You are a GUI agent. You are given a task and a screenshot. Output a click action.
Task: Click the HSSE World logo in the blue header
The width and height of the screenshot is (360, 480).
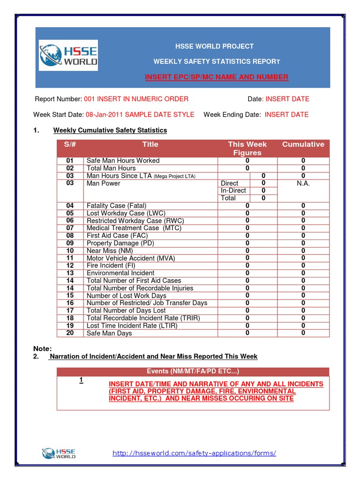[x=68, y=55]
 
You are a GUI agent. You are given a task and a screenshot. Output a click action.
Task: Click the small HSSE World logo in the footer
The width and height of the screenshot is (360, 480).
[x=59, y=453]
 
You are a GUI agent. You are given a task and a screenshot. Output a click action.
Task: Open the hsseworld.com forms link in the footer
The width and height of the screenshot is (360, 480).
[x=195, y=453]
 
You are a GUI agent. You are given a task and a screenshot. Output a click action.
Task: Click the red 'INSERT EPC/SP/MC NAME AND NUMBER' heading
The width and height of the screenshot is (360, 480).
[x=217, y=77]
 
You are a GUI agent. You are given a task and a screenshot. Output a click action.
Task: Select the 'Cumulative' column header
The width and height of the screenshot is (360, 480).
[x=303, y=144]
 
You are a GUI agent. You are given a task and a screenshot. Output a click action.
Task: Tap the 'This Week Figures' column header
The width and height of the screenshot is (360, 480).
[x=247, y=148]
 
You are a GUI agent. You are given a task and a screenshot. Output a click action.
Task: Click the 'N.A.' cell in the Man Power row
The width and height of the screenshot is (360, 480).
[x=303, y=183]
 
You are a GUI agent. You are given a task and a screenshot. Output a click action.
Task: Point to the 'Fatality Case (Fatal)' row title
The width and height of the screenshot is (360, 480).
[x=116, y=205]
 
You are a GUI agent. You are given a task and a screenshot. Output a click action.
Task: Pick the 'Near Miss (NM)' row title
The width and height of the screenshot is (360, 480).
[x=110, y=250]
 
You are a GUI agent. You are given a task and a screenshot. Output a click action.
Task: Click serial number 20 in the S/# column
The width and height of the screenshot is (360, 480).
[x=70, y=333]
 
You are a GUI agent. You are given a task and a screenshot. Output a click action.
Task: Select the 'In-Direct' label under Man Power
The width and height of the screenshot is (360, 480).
[x=233, y=190]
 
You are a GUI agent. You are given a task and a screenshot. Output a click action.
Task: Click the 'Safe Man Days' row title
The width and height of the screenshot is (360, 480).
[x=109, y=333]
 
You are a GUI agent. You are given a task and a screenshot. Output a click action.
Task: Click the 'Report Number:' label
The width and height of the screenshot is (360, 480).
[x=59, y=99]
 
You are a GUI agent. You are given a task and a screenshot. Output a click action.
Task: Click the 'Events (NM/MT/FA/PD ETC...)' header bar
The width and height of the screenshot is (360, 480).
[x=193, y=371]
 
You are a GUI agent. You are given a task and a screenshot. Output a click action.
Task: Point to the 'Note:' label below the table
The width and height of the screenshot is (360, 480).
[x=42, y=348]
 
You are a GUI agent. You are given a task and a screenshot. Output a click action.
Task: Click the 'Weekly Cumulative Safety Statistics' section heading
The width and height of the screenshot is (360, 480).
[x=110, y=130]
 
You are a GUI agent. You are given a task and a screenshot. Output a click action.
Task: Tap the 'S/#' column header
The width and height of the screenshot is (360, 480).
[x=70, y=144]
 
